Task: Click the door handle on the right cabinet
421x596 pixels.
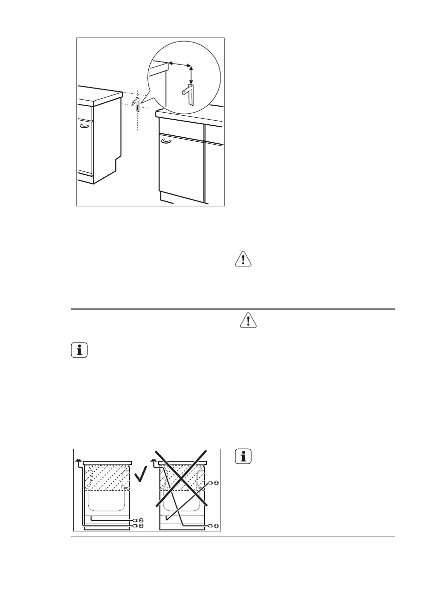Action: click(166, 141)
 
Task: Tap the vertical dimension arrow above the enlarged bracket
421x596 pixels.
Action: click(190, 75)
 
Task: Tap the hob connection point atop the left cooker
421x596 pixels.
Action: click(78, 460)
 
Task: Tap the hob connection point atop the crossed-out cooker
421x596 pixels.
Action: click(152, 460)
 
